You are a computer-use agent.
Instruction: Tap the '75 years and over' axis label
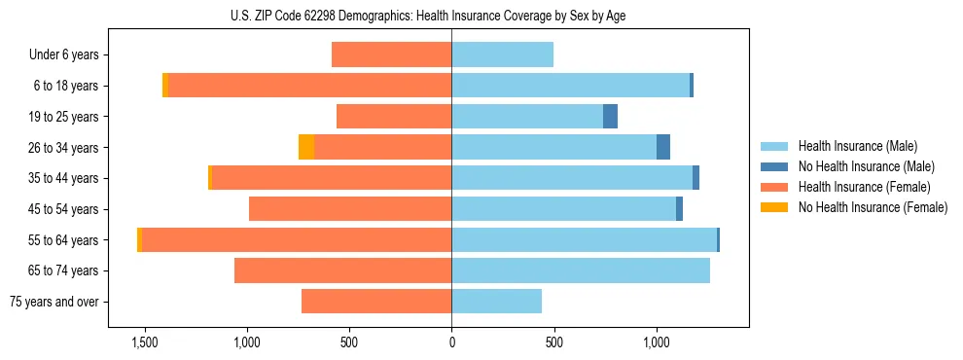tap(54, 302)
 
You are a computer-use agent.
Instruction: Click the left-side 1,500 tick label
tap(145, 342)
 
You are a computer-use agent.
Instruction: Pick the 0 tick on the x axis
tap(451, 342)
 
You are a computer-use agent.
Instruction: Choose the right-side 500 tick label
tap(553, 342)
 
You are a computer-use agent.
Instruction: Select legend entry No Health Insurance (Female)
tap(873, 207)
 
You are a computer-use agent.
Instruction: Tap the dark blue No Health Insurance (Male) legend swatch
tap(774, 166)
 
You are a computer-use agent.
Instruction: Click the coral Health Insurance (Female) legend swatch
tap(774, 187)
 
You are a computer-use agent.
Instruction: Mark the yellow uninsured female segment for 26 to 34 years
tap(306, 147)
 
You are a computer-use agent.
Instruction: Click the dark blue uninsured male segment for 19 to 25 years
tap(610, 117)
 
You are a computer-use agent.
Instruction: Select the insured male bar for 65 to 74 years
tap(581, 270)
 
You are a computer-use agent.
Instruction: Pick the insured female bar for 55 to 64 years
tap(297, 239)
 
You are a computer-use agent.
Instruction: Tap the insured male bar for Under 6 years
tap(502, 55)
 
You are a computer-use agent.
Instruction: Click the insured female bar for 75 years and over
tap(376, 302)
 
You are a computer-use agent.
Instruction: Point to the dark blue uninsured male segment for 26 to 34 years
tap(663, 147)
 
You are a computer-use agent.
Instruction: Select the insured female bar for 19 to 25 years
tap(394, 117)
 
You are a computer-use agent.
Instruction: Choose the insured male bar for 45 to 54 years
tap(563, 209)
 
